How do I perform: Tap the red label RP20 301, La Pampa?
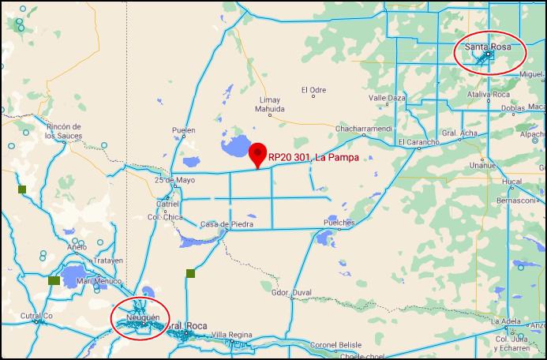pyautogui.click(x=314, y=158)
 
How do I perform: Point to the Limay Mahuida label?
pyautogui.click(x=272, y=105)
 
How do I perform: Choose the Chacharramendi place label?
pyautogui.click(x=362, y=128)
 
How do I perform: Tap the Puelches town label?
pyautogui.click(x=339, y=223)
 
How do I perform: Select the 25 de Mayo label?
pyautogui.click(x=174, y=180)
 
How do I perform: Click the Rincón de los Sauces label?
pyautogui.click(x=64, y=131)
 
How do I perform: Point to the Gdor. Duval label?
pyautogui.click(x=291, y=292)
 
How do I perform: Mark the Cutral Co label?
pyautogui.click(x=36, y=317)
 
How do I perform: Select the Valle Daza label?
pyautogui.click(x=387, y=98)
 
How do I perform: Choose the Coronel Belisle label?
pyautogui.click(x=335, y=345)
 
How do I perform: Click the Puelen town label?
pyautogui.click(x=184, y=131)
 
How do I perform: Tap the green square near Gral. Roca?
pyautogui.click(x=190, y=274)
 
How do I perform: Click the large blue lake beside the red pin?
pyautogui.click(x=234, y=146)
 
